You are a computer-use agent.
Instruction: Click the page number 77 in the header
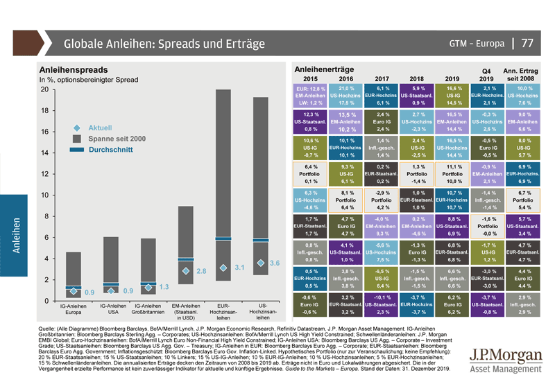coord(527,43)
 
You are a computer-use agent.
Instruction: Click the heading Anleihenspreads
coord(73,70)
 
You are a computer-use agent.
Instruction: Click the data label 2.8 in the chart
coord(202,271)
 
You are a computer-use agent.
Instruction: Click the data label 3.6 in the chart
coord(274,263)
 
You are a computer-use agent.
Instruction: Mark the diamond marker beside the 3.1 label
coord(223,268)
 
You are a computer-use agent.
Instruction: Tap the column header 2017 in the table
coord(383,79)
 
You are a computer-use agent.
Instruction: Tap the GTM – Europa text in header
coord(476,44)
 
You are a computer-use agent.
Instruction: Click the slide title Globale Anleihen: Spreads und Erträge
coord(164,44)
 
